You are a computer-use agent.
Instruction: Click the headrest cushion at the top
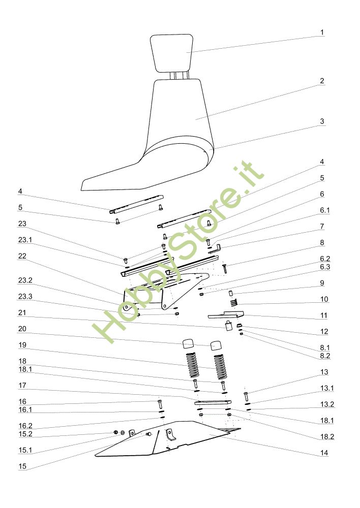(171, 53)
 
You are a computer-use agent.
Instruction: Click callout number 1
(322, 33)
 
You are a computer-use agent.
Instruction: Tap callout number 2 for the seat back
(322, 81)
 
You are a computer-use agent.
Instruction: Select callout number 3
(322, 121)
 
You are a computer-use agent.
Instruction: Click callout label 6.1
(325, 210)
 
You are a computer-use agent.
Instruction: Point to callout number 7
(322, 227)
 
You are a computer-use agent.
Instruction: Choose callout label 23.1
(25, 240)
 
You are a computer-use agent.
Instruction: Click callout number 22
(22, 256)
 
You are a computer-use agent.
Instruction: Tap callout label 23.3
(25, 297)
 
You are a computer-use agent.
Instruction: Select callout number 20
(22, 329)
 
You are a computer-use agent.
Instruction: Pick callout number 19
(22, 345)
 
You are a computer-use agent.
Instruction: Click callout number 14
(324, 453)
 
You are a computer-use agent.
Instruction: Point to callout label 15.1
(25, 450)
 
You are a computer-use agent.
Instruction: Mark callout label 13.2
(327, 404)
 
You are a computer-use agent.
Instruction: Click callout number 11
(324, 315)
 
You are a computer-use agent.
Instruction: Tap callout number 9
(322, 283)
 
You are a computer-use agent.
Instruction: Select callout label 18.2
(327, 437)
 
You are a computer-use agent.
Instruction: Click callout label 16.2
(25, 426)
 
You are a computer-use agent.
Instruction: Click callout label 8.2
(325, 356)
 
